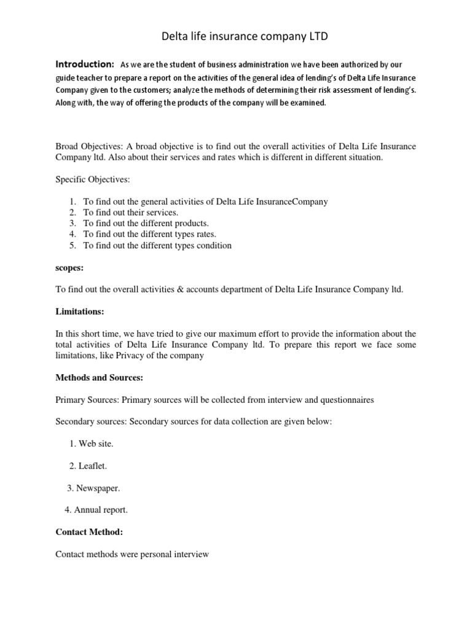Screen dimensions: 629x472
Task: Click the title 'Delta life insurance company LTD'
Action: coord(236,37)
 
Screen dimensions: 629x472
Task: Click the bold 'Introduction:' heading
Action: coord(85,64)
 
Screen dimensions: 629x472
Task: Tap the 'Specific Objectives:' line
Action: coord(93,179)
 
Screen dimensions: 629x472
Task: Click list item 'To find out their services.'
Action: coord(130,213)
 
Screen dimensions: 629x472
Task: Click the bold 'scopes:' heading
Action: coord(69,268)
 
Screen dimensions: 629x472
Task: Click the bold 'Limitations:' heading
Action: coord(80,312)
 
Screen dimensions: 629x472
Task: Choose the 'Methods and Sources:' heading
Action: coord(100,378)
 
